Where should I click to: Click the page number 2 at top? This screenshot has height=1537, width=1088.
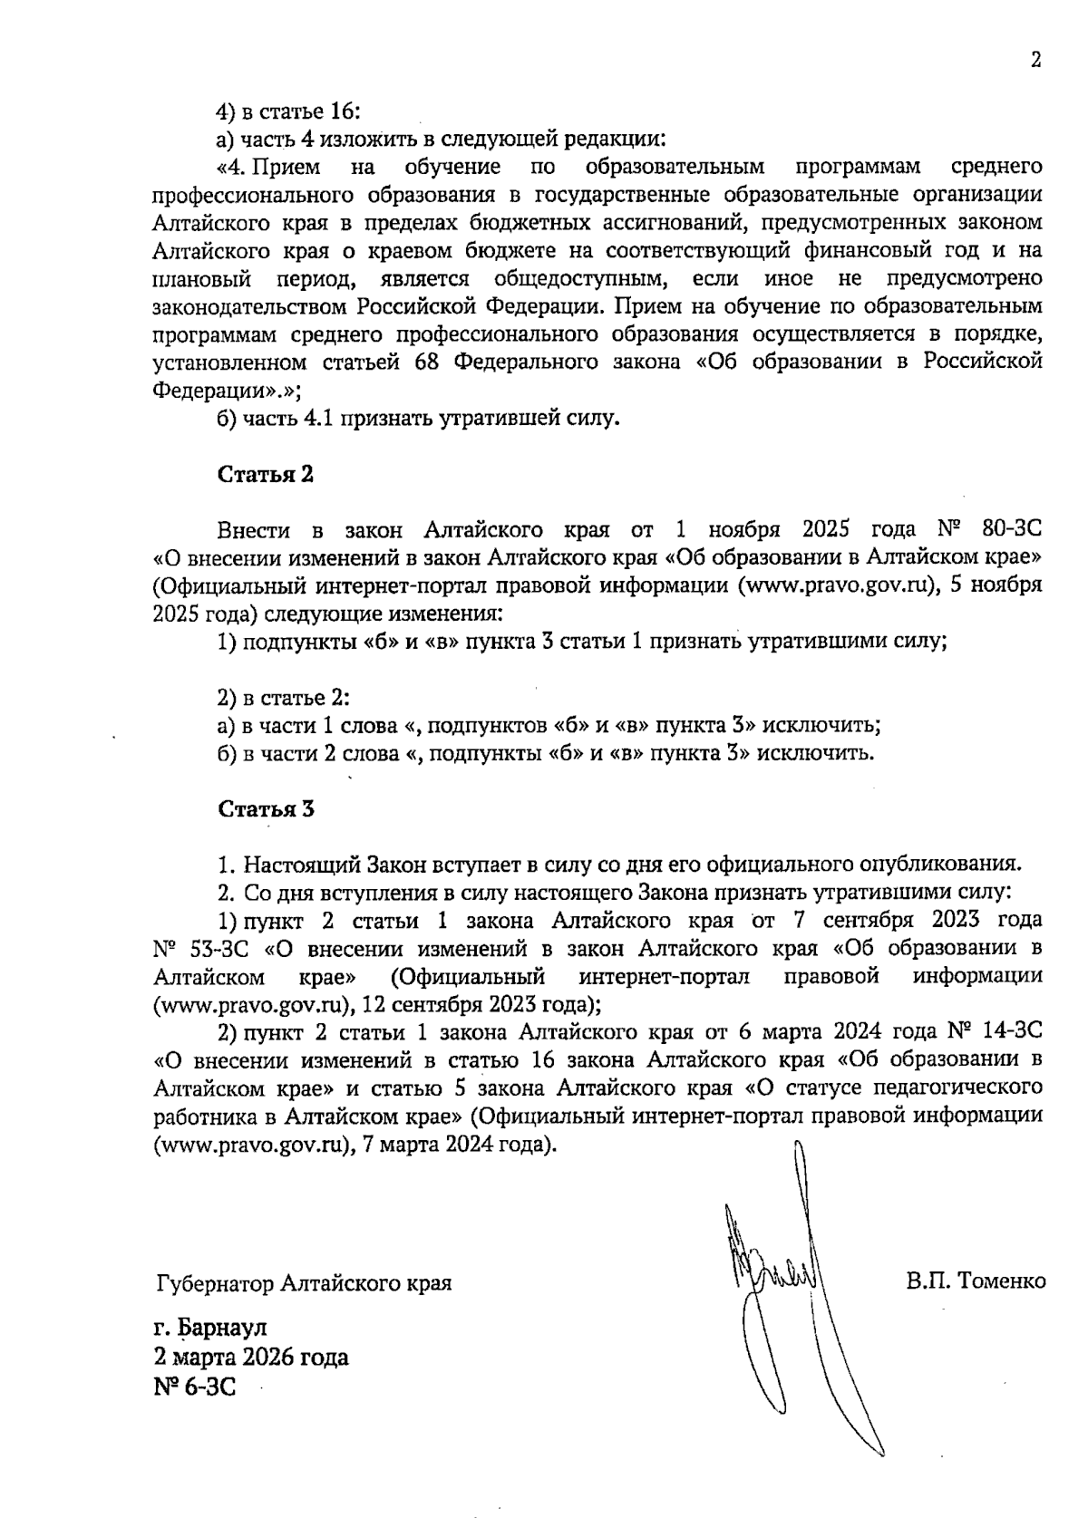click(x=1035, y=61)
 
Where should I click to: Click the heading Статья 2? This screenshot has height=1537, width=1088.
click(x=265, y=475)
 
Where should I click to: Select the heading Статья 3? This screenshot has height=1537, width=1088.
click(x=265, y=809)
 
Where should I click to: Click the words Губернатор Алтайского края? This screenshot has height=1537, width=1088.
click(x=304, y=1283)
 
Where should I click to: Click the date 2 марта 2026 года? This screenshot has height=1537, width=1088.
click(x=250, y=1358)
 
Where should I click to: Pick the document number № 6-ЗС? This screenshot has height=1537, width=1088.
click(x=194, y=1387)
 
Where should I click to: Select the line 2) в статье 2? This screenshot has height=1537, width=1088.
click(x=283, y=698)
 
